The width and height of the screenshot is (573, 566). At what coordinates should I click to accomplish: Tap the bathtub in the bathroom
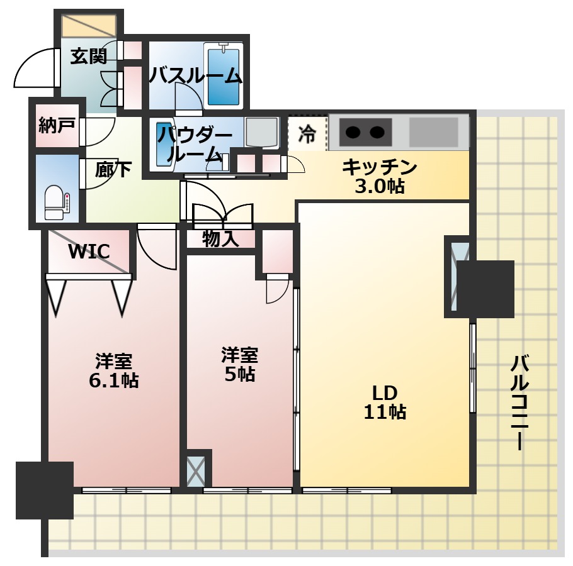(x=224, y=76)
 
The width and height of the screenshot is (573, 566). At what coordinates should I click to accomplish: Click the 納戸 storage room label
(x=57, y=125)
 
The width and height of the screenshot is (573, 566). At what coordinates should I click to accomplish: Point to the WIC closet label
(x=89, y=251)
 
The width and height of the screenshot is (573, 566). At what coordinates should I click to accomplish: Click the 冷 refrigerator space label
(x=307, y=133)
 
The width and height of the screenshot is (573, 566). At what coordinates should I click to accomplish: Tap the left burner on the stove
(x=353, y=131)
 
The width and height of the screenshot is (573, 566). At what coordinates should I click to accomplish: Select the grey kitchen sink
(x=433, y=131)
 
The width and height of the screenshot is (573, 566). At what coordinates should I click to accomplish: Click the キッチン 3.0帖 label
(x=380, y=177)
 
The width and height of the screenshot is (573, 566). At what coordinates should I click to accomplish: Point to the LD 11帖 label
(x=385, y=402)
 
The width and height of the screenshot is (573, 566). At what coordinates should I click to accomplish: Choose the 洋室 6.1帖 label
(x=113, y=370)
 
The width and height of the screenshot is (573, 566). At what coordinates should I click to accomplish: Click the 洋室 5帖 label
(x=240, y=364)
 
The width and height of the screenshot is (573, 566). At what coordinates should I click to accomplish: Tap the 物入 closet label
(x=221, y=239)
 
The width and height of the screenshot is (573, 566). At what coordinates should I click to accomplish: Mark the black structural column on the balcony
(x=485, y=289)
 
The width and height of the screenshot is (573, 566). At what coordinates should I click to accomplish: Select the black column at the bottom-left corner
(x=45, y=491)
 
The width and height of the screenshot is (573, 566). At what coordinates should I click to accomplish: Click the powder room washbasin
(x=162, y=144)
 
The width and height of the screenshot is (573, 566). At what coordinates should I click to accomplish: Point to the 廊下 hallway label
(x=113, y=169)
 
